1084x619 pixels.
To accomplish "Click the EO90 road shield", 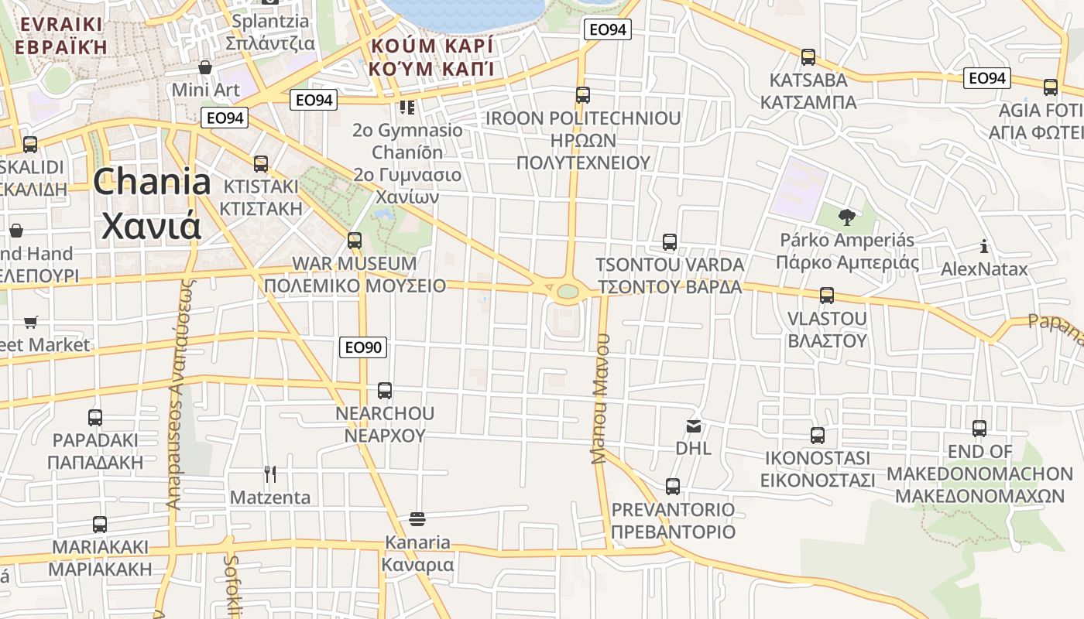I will (x=362, y=347).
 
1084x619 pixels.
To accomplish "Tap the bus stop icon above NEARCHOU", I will (x=385, y=391).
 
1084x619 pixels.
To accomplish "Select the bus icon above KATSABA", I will (x=808, y=57).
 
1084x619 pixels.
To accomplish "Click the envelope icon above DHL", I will (x=693, y=426).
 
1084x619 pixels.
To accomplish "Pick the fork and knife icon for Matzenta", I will (x=270, y=474).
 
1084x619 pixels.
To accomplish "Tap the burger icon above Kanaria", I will (x=417, y=518).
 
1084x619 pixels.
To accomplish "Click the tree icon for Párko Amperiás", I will (x=846, y=217).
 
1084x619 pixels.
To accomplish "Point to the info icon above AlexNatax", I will (x=984, y=247).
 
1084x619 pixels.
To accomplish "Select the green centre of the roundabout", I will (x=568, y=292).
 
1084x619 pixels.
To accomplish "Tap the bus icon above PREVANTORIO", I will (x=673, y=487).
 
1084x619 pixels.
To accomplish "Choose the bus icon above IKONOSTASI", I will (x=818, y=436).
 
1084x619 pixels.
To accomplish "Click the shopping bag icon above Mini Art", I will (x=205, y=67).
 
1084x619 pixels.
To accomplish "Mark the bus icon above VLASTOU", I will (x=827, y=296).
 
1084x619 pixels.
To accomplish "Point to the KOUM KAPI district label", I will (x=431, y=56).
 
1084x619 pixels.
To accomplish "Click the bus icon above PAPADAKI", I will (x=95, y=418).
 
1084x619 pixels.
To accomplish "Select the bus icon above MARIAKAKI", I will (x=100, y=525).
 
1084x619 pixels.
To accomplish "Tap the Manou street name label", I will (x=602, y=398).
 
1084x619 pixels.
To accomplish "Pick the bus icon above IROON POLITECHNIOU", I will (x=583, y=95).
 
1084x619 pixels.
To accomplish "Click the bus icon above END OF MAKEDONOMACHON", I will (x=979, y=429).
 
